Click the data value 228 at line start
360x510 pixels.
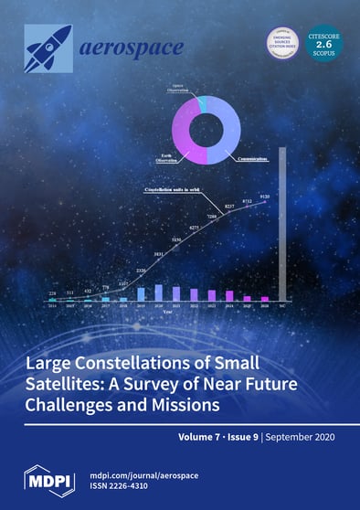pos(51,293)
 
